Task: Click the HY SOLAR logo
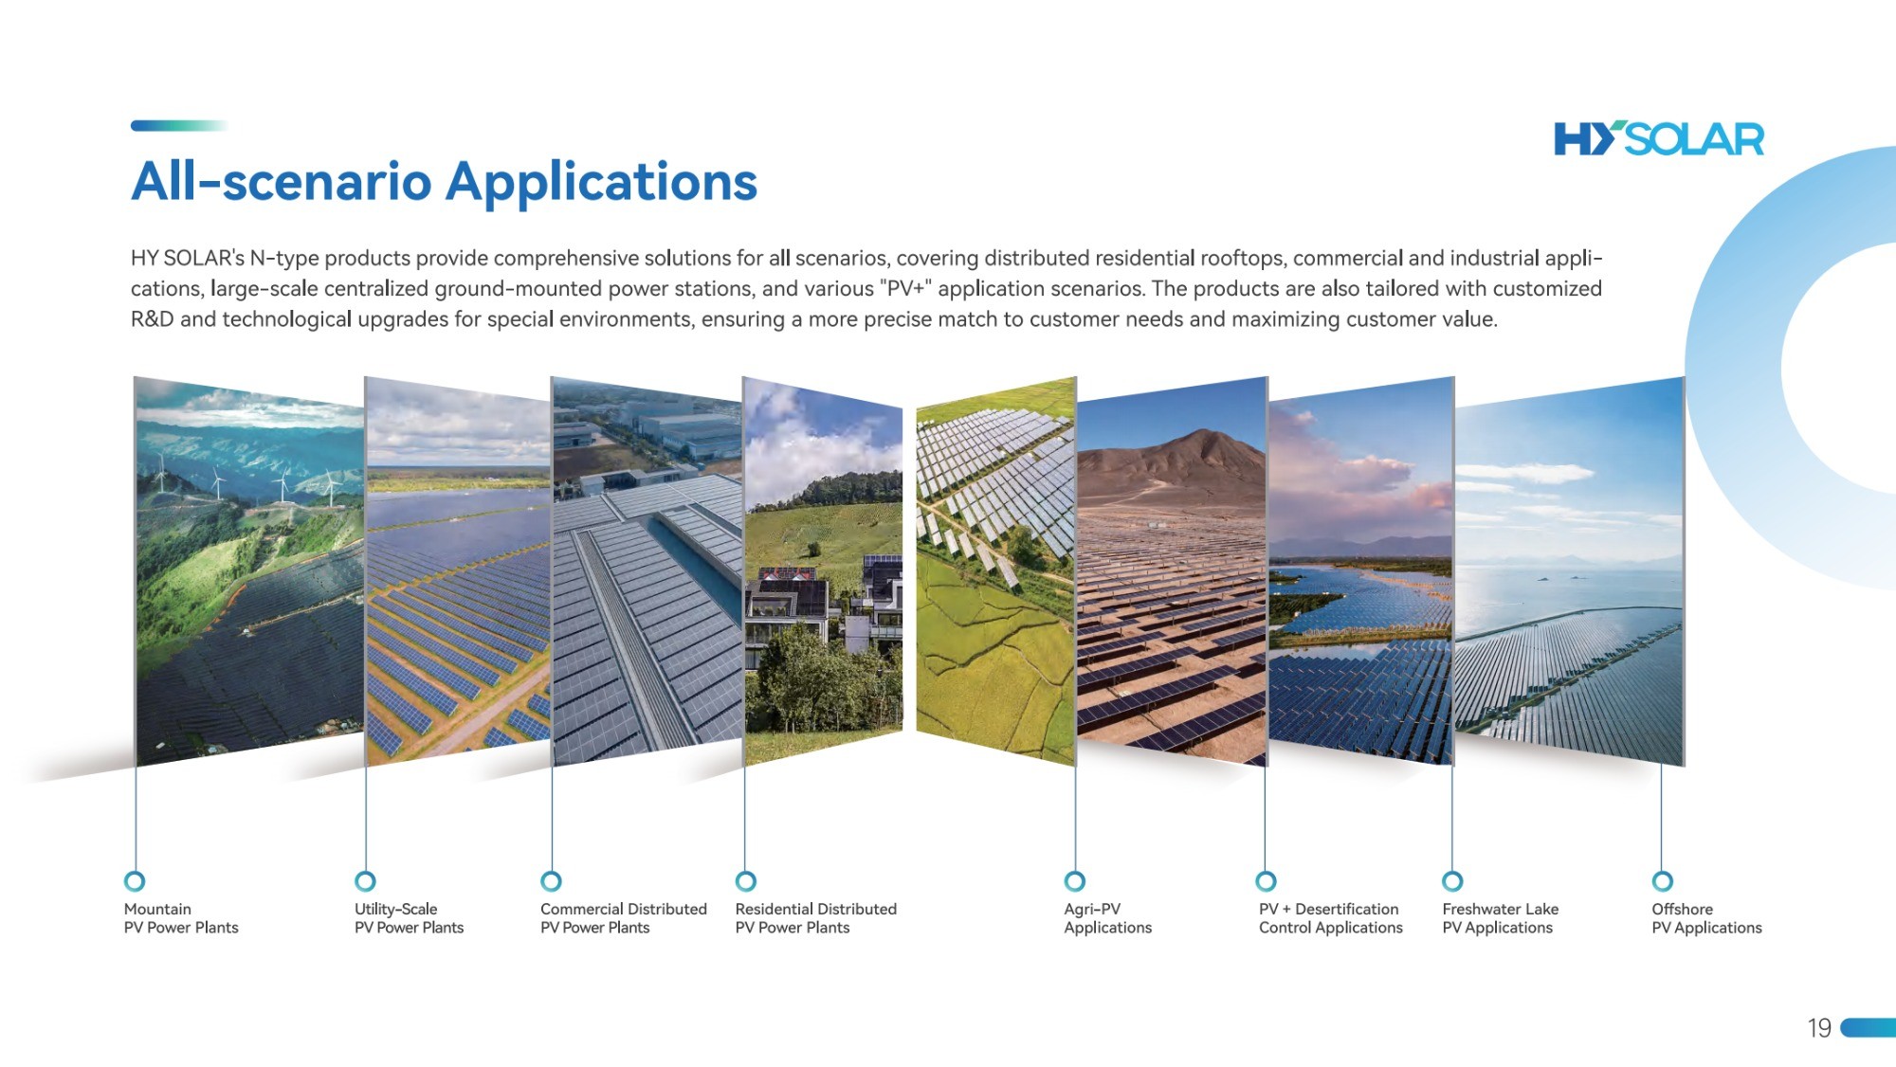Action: tap(1659, 138)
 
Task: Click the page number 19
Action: tap(1819, 1028)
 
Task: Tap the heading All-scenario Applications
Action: tap(444, 181)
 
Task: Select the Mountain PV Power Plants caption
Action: tap(181, 918)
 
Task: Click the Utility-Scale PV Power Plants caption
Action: tap(409, 918)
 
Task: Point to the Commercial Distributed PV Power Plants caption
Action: tap(624, 918)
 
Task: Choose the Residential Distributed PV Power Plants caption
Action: tap(815, 918)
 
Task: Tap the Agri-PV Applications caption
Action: tap(1107, 918)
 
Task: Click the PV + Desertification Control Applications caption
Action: tap(1330, 918)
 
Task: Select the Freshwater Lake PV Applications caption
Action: tap(1500, 918)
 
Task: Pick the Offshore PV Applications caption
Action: tap(1706, 918)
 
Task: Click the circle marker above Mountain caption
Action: tap(135, 881)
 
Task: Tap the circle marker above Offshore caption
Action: tap(1662, 881)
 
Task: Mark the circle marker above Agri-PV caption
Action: tap(1074, 881)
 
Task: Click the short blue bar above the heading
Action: tap(179, 125)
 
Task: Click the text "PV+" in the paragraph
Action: tap(906, 288)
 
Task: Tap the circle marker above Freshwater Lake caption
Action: tap(1452, 881)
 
